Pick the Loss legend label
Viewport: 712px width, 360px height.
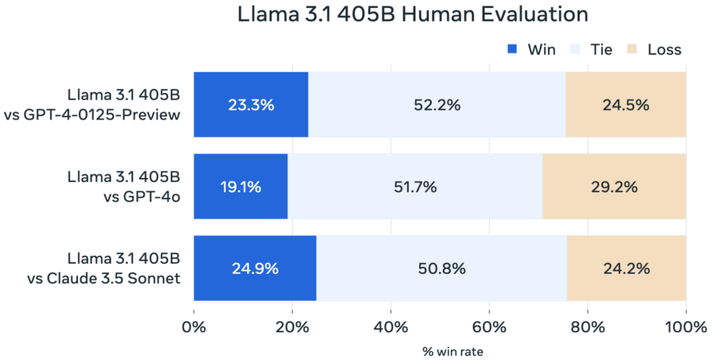pyautogui.click(x=664, y=49)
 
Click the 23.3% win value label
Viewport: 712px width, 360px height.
pyautogui.click(x=251, y=105)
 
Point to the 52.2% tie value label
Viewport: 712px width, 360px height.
pyautogui.click(x=436, y=105)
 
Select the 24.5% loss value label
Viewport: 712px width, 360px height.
pyautogui.click(x=626, y=105)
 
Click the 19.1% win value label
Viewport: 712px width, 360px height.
pyautogui.click(x=240, y=187)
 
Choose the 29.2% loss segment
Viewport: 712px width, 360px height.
pyautogui.click(x=614, y=187)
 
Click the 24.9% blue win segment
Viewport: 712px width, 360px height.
pyautogui.click(x=254, y=268)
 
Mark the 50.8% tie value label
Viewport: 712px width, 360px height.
pyautogui.click(x=442, y=268)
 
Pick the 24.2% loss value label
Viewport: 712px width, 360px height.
pyautogui.click(x=626, y=268)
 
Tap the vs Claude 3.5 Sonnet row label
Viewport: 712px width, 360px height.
pyautogui.click(x=104, y=278)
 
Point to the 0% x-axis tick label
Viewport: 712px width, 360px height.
pyautogui.click(x=194, y=328)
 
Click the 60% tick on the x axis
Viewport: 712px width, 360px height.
pyautogui.click(x=489, y=328)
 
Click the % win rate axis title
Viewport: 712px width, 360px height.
pyautogui.click(x=452, y=351)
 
